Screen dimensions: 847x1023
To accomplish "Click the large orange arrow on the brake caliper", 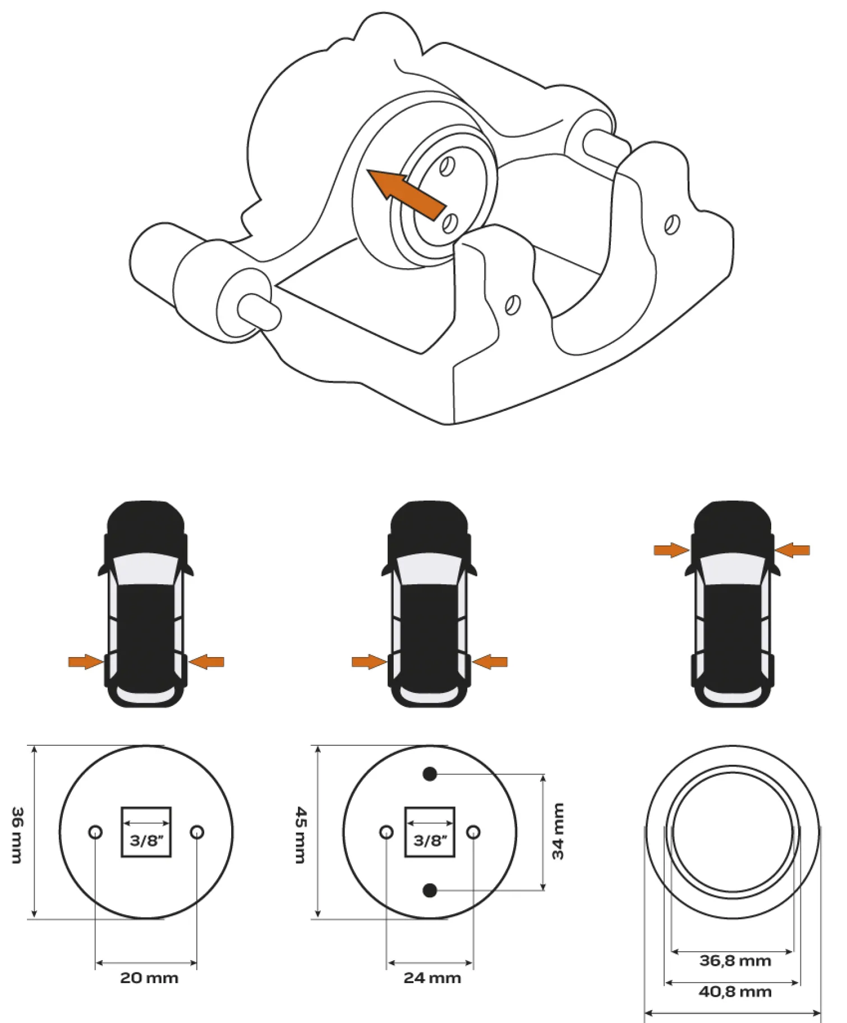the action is click(407, 192).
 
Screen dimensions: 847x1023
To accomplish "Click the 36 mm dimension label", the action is click(18, 835).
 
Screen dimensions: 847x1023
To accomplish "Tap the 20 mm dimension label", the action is click(149, 978).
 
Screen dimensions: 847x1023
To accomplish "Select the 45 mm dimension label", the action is click(301, 835).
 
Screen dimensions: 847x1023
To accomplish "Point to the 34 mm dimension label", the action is click(558, 831).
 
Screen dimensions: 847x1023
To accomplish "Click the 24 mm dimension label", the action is click(432, 978).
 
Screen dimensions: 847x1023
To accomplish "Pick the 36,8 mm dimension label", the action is click(735, 961).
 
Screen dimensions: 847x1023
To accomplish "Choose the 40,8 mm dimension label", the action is click(735, 992).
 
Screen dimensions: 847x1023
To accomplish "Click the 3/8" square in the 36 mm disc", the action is click(146, 832).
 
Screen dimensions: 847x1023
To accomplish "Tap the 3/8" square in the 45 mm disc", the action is click(430, 832).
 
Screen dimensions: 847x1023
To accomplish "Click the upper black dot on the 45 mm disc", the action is click(430, 774).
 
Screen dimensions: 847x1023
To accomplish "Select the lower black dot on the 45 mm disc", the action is click(430, 889).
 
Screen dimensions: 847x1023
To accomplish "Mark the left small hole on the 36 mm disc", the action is click(95, 832).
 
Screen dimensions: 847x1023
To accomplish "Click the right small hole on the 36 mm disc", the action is click(197, 832).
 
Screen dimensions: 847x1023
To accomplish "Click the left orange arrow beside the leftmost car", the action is click(86, 662).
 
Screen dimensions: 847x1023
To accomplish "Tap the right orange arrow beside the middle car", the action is click(490, 662).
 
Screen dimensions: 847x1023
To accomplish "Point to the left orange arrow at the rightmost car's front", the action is click(671, 550).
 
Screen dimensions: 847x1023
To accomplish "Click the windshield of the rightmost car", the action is click(733, 569).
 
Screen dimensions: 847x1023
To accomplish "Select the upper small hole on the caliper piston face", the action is click(447, 166).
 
